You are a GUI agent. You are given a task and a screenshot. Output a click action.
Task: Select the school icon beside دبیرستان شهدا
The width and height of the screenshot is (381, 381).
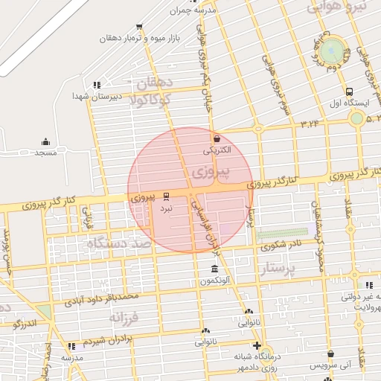96,84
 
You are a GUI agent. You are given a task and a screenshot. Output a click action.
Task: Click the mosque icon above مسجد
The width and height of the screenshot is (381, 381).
45,141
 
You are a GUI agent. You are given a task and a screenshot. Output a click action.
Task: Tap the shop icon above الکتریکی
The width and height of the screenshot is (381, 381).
217,138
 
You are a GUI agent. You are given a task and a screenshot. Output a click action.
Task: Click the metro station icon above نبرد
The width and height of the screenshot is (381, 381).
165,196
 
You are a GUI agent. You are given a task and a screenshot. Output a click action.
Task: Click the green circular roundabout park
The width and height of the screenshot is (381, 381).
334,51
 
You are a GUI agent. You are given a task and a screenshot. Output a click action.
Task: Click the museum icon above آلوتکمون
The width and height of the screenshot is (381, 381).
214,269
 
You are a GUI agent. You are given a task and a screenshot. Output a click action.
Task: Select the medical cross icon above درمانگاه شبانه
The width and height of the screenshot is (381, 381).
257,345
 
